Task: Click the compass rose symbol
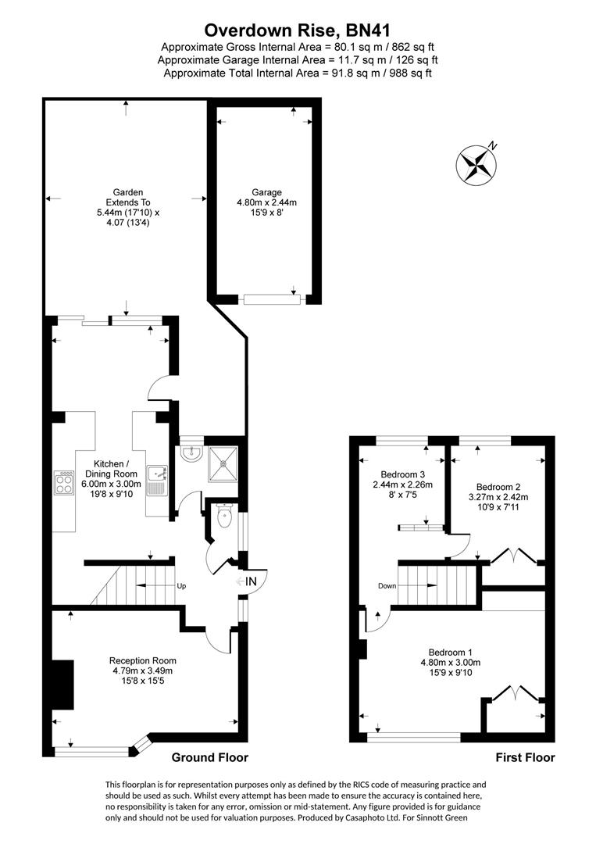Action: pyautogui.click(x=476, y=164)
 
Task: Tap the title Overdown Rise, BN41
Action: pyautogui.click(x=298, y=30)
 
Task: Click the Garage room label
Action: pyautogui.click(x=266, y=202)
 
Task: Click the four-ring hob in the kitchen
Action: pyautogui.click(x=64, y=482)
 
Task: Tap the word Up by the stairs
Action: pyautogui.click(x=181, y=586)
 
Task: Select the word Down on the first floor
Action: pyautogui.click(x=387, y=586)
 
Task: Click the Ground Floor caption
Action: pyautogui.click(x=209, y=757)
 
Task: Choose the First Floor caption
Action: pyautogui.click(x=525, y=757)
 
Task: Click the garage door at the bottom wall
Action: pyautogui.click(x=271, y=299)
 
